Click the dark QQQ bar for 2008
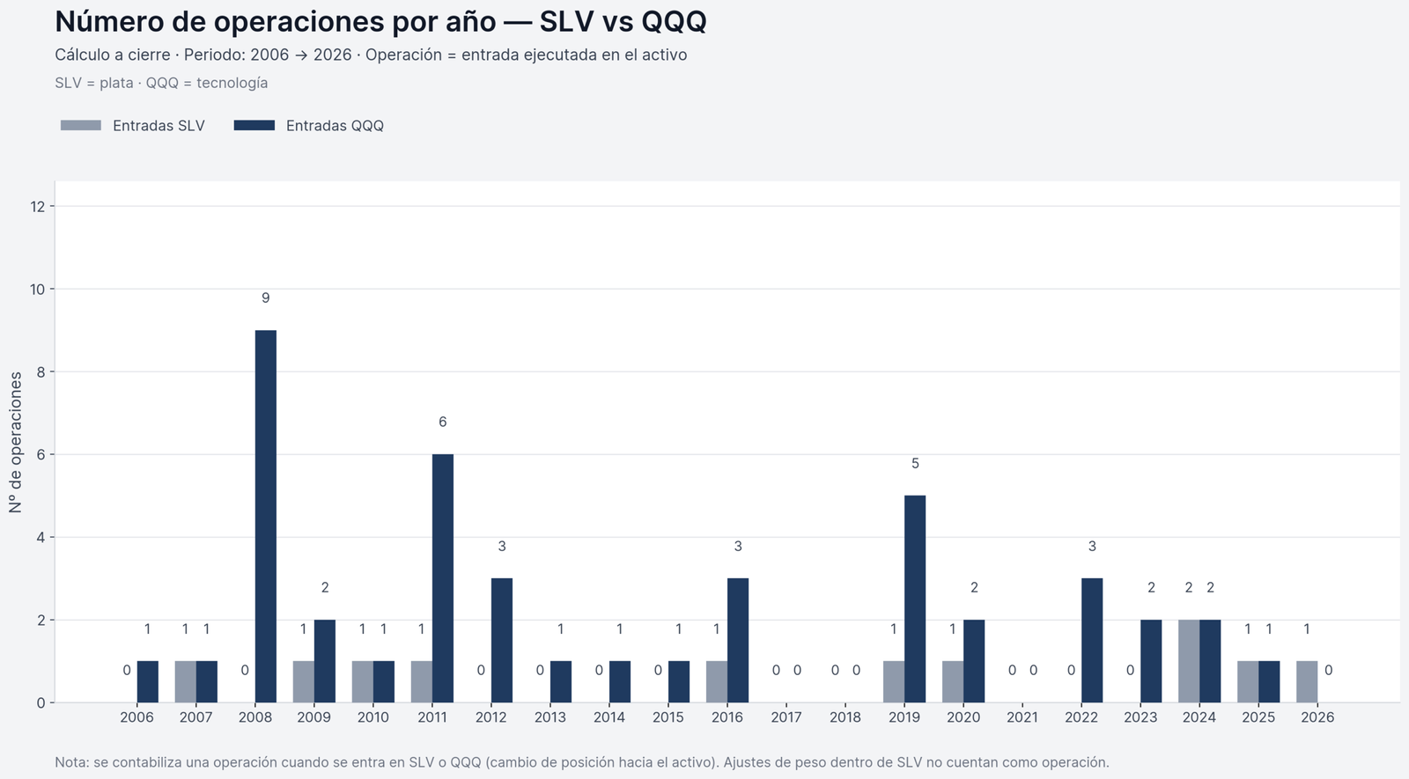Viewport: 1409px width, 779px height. [266, 517]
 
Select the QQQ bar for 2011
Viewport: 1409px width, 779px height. [443, 578]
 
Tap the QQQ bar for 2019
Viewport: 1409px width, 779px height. [915, 599]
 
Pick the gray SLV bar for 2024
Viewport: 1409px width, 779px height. [1189, 661]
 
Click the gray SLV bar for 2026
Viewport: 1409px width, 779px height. [1307, 682]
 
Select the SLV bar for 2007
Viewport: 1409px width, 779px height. [185, 682]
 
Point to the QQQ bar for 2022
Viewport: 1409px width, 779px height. [1092, 640]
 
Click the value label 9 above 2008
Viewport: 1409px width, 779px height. [266, 298]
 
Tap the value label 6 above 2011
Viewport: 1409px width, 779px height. [443, 423]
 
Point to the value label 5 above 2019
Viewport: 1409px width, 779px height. [915, 464]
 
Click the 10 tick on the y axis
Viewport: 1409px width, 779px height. [37, 289]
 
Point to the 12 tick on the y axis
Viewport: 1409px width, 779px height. [37, 206]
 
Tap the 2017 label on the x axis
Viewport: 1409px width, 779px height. [786, 717]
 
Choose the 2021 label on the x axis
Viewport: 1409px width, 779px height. [1022, 717]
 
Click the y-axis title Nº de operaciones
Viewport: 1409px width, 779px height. [16, 442]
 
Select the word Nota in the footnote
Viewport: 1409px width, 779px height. [70, 762]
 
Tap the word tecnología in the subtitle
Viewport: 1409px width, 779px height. [232, 83]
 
